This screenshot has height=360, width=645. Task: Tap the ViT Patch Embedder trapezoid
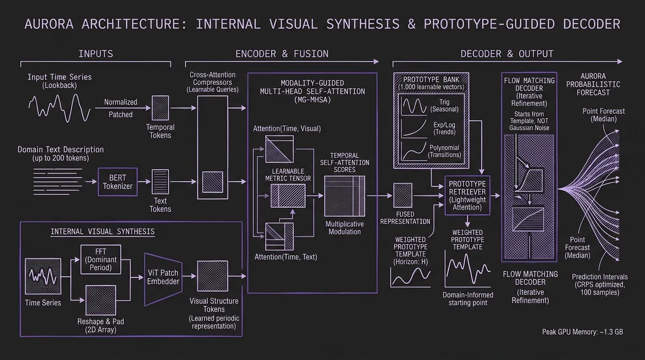(163, 277)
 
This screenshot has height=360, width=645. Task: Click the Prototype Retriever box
(467, 192)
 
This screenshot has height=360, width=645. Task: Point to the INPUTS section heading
(96, 54)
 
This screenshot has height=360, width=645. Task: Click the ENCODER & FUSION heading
(282, 54)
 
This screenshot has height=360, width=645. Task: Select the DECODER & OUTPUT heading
(507, 54)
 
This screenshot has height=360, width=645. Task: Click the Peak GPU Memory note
(583, 332)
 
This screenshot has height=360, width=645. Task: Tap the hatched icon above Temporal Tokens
(160, 108)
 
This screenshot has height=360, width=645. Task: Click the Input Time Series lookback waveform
(59, 106)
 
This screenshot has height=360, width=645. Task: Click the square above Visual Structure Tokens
(210, 276)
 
